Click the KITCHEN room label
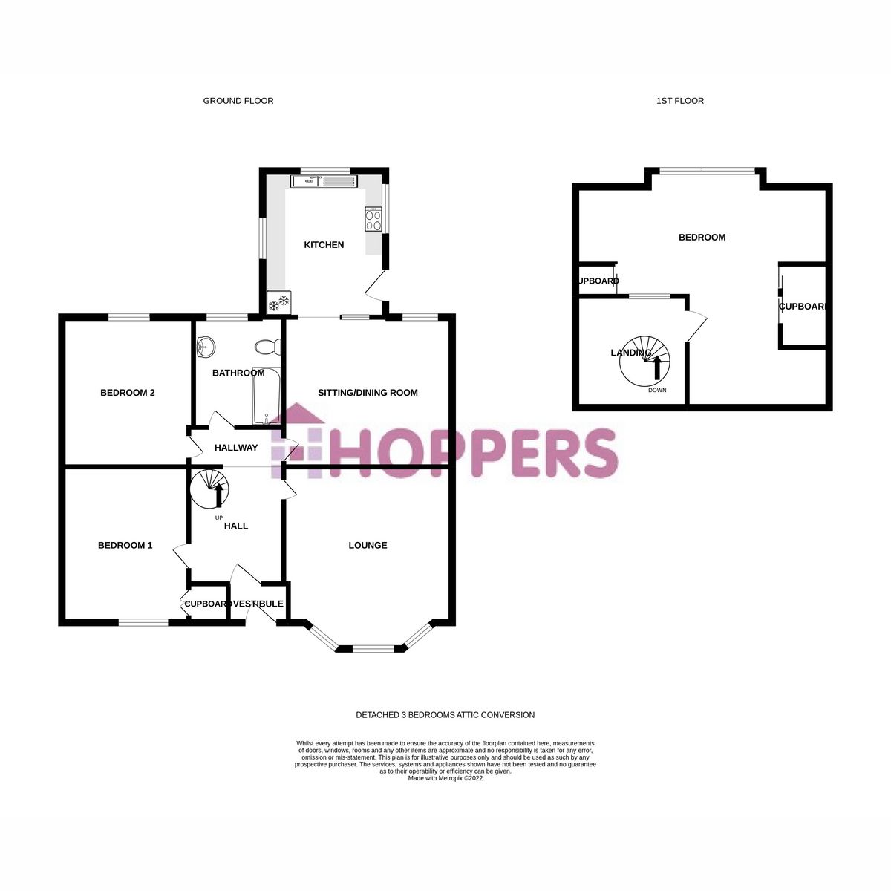click(324, 245)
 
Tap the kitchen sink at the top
click(324, 180)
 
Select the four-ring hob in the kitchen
click(373, 219)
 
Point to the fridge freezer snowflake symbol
click(279, 303)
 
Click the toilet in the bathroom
click(266, 347)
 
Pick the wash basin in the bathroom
click(207, 346)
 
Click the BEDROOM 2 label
click(127, 393)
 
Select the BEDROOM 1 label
click(125, 546)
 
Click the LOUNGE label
click(368, 546)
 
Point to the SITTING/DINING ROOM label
click(368, 393)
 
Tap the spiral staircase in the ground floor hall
click(210, 488)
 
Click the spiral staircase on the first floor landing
click(644, 362)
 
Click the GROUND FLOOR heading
click(238, 101)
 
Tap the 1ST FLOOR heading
click(680, 101)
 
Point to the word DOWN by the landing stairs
click(657, 391)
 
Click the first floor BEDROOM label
click(702, 238)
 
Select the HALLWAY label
click(236, 448)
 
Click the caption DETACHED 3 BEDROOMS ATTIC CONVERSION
click(445, 715)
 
